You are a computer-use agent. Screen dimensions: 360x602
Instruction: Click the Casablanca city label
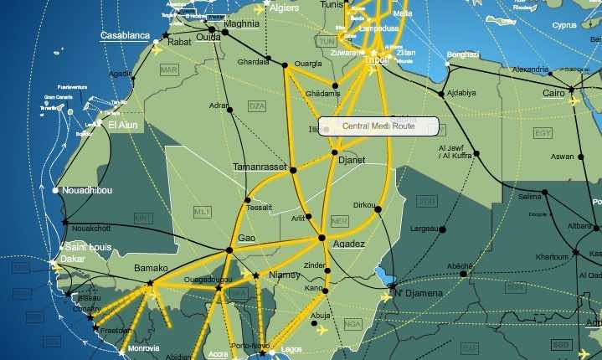tap(125, 36)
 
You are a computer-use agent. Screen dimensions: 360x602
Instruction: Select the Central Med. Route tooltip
tap(378, 126)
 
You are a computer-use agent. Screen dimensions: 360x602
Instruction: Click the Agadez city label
tap(349, 244)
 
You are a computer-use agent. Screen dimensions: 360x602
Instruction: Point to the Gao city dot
tap(229, 250)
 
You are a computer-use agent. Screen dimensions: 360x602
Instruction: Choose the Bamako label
tap(152, 269)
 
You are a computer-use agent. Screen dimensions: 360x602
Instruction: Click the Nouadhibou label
tap(89, 190)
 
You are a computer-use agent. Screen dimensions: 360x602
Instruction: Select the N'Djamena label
tap(417, 293)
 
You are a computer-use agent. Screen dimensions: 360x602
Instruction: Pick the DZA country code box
tap(256, 105)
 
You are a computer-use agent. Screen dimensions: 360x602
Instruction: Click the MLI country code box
tap(202, 212)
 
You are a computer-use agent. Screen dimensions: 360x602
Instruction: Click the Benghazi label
tap(462, 54)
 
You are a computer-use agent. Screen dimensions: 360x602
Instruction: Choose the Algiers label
tap(285, 8)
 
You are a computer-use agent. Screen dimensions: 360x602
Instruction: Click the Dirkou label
tap(364, 204)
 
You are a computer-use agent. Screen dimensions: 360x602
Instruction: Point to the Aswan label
tap(562, 157)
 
